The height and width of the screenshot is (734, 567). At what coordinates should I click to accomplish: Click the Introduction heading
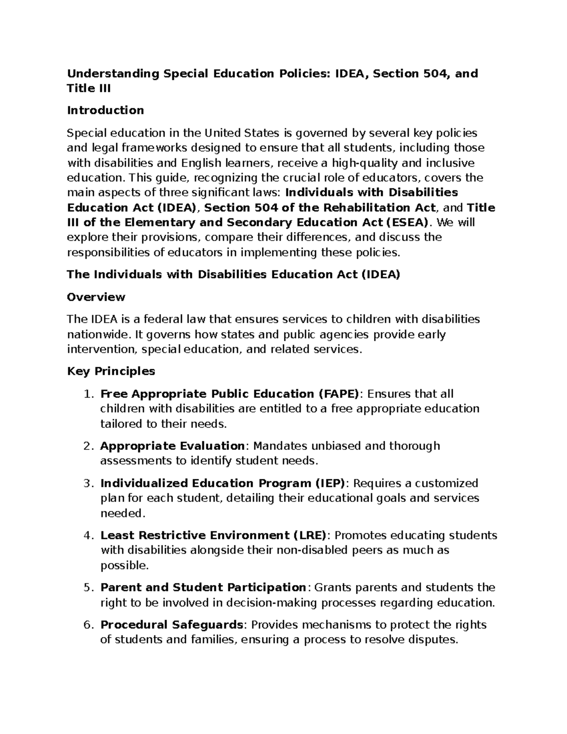(x=105, y=111)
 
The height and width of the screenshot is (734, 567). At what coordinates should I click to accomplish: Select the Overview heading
(x=96, y=297)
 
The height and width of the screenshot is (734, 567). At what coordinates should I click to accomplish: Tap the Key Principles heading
(x=111, y=371)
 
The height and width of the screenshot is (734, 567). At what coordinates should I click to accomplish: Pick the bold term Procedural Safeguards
(x=172, y=625)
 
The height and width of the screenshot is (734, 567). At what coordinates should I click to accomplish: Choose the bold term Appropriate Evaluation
(x=172, y=446)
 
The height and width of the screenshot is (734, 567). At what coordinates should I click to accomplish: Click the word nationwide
(x=98, y=335)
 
